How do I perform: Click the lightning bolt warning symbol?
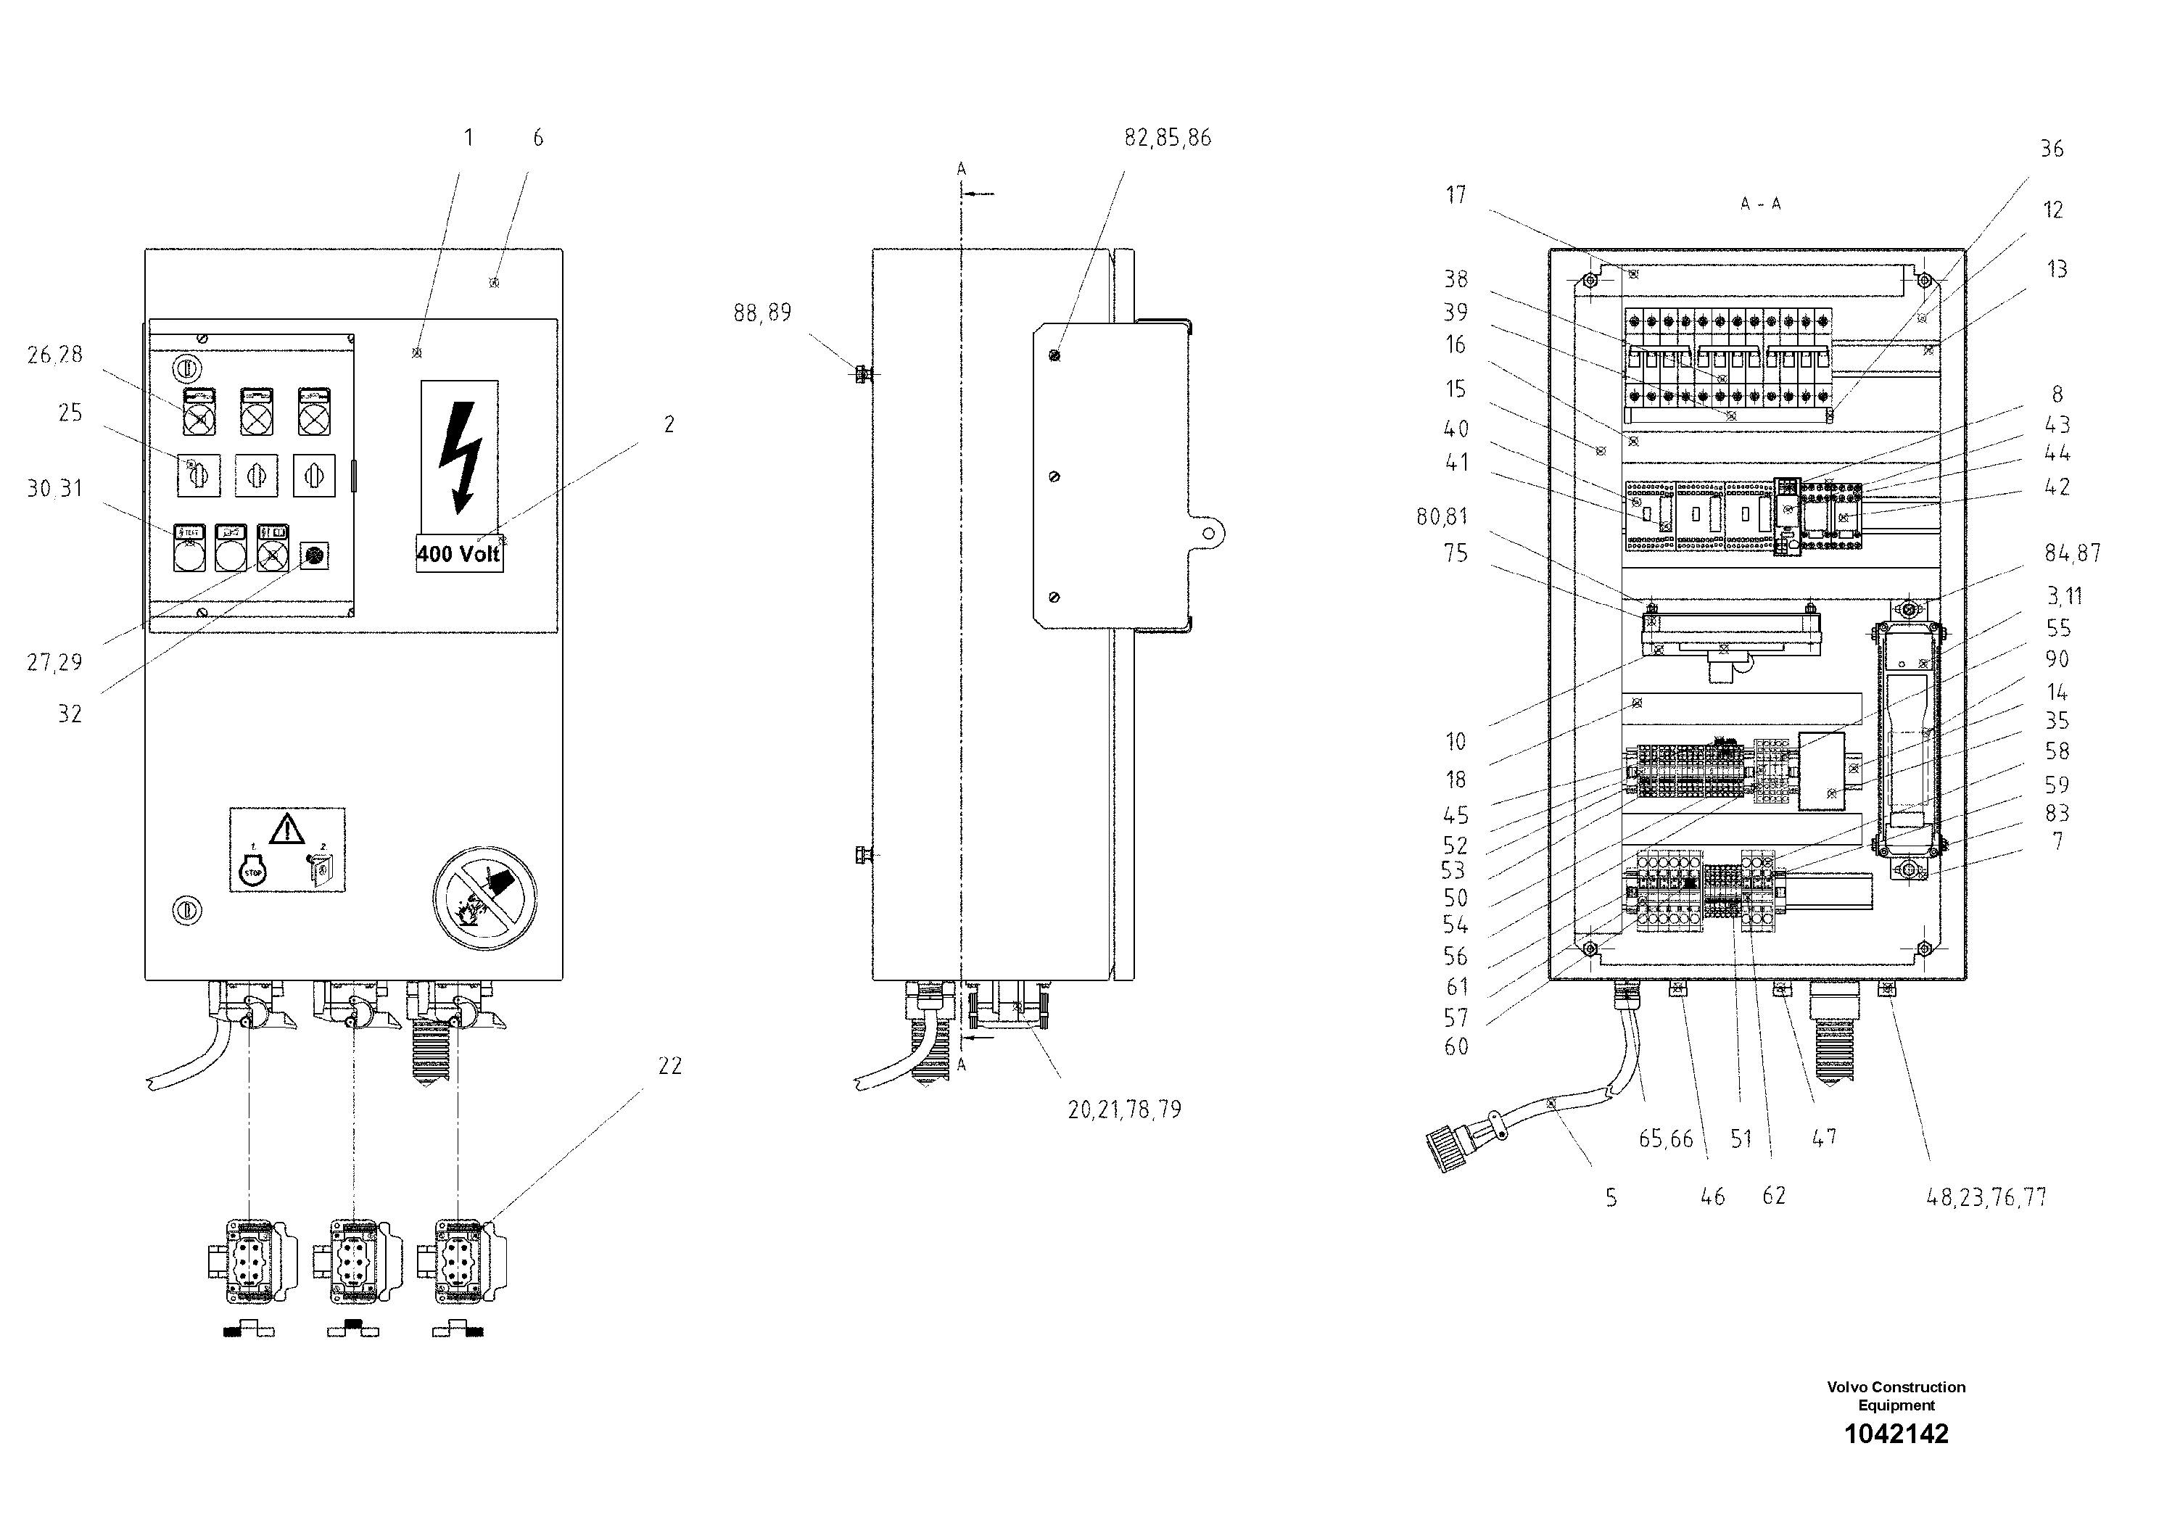point(461,457)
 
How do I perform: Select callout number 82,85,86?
point(1167,139)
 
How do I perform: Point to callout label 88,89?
point(761,313)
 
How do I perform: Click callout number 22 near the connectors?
point(669,1065)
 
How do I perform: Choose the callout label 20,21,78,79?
point(1123,1109)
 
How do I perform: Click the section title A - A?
point(1759,204)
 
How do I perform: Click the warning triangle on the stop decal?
point(286,830)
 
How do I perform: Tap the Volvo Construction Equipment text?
point(1896,1395)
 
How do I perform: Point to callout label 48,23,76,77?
point(1986,1197)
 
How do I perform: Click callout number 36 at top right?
point(2051,149)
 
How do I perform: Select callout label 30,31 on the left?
point(54,488)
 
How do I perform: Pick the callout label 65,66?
point(1665,1138)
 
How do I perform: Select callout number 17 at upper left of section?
point(1456,194)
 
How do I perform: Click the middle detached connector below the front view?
point(354,1262)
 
